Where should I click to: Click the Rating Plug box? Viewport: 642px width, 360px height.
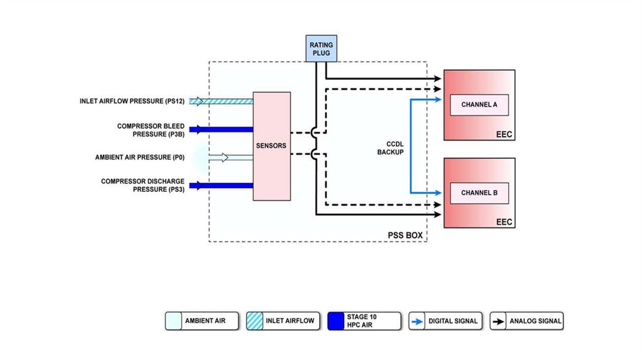pos(320,49)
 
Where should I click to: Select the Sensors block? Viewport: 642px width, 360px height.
pos(271,146)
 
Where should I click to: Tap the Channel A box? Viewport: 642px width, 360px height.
pos(479,105)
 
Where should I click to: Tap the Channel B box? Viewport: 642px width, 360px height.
pos(479,193)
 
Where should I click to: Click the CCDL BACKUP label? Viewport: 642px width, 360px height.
pos(390,147)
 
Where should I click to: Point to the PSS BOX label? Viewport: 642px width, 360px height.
pos(406,236)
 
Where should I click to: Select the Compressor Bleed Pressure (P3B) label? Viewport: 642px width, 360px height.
pos(150,130)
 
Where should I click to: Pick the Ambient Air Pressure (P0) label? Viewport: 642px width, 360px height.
pos(140,157)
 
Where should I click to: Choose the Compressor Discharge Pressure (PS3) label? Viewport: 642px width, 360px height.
pos(143,185)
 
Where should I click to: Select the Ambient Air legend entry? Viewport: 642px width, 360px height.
pos(203,321)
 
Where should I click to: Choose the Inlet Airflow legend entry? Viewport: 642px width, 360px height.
pos(284,321)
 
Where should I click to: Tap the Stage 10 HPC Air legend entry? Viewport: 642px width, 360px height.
pos(364,321)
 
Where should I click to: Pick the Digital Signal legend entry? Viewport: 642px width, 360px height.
pos(445,321)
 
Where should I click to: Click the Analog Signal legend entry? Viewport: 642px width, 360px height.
pos(527,321)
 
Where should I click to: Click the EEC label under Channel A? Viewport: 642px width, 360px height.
pos(504,134)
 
